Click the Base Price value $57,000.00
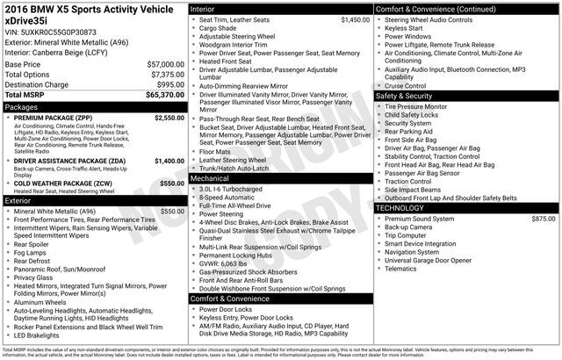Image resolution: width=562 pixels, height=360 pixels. (165, 64)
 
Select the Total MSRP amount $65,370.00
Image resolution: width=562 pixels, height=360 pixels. (165, 94)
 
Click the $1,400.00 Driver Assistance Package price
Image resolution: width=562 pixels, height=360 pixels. (169, 162)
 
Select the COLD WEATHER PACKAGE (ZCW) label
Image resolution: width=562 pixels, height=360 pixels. (63, 183)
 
